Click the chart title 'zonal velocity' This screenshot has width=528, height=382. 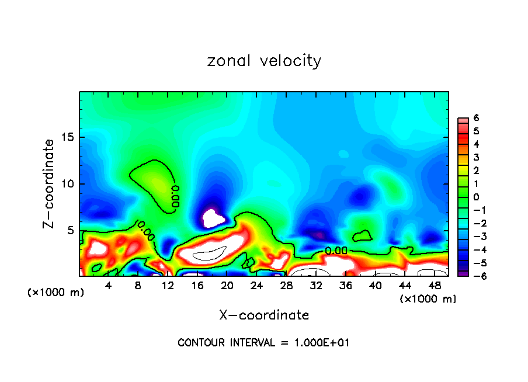point(264,61)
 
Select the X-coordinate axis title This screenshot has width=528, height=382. point(264,315)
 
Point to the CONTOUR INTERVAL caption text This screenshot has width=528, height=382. point(264,343)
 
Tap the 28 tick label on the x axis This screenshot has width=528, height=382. point(286,286)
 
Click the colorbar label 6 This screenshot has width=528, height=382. point(476,118)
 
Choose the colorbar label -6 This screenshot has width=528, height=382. point(474,276)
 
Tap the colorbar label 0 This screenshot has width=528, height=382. point(476,197)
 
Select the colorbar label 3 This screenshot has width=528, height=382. point(476,157)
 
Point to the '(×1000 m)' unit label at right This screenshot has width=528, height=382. point(428,299)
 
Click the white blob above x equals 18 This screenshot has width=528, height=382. point(213,219)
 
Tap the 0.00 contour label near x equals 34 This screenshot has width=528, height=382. point(336,251)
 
